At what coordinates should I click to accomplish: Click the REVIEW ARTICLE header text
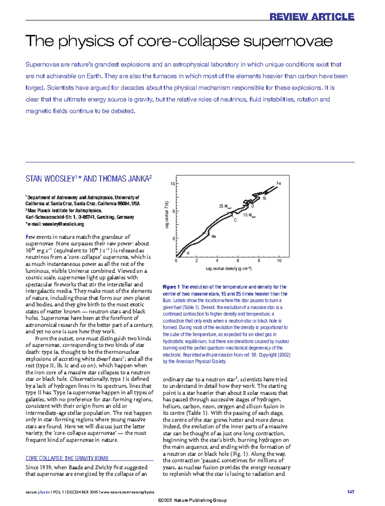[312, 17]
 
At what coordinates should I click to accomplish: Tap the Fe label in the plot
[278, 184]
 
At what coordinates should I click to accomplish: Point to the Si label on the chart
[264, 198]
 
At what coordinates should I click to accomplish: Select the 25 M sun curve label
[225, 206]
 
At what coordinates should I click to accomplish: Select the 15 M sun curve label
[249, 215]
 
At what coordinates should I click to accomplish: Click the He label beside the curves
[213, 236]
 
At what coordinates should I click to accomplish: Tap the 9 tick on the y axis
[174, 211]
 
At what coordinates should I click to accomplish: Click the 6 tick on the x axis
[238, 261]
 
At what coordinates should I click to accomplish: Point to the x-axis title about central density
[228, 269]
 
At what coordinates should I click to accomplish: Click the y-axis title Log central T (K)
[167, 215]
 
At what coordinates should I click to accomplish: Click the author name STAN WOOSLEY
[50, 179]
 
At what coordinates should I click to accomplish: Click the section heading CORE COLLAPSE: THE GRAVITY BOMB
[67, 458]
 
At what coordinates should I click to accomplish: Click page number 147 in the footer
[350, 492]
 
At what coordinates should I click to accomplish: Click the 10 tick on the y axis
[173, 184]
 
